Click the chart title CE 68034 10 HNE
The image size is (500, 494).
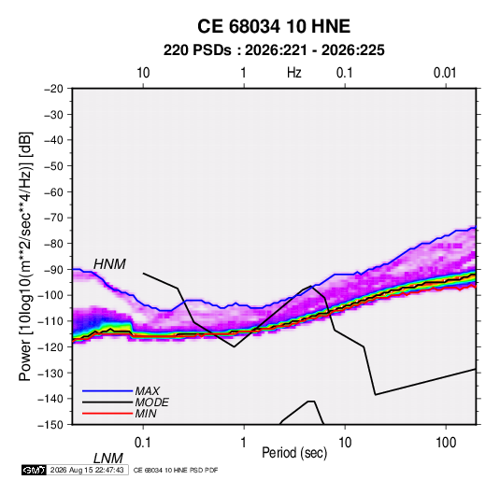[x=274, y=26]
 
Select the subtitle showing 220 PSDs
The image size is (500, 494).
[x=274, y=50]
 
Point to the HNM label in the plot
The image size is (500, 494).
[x=109, y=264]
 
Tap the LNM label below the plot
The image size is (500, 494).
[x=108, y=459]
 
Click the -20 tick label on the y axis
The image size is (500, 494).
[x=53, y=89]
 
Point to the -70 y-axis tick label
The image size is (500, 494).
[x=53, y=218]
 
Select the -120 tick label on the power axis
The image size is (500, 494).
[x=50, y=347]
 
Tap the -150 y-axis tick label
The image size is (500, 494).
[x=50, y=425]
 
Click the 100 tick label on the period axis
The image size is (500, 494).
[x=446, y=443]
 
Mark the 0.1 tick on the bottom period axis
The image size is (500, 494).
[x=143, y=443]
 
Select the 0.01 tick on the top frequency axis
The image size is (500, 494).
[x=445, y=73]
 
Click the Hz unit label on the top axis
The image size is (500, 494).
[x=294, y=73]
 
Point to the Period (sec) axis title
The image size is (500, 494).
[x=294, y=453]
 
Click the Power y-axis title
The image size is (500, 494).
[x=25, y=256]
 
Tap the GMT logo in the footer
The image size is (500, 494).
[x=35, y=470]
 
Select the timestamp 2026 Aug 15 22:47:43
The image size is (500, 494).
[x=87, y=470]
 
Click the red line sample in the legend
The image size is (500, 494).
[x=107, y=414]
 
